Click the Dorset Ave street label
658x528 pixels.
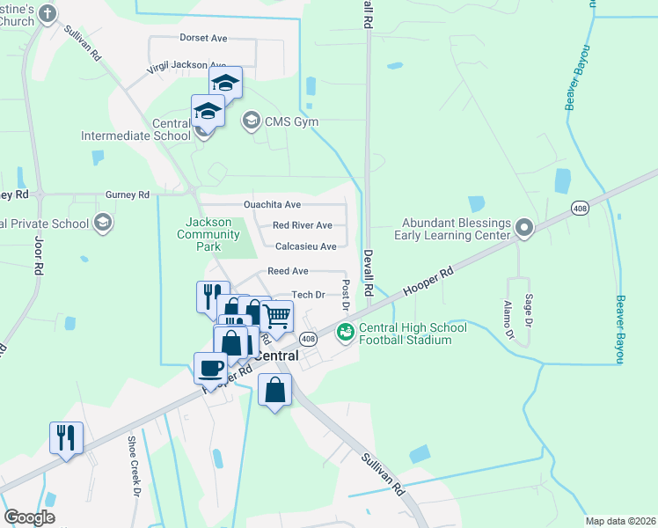203,39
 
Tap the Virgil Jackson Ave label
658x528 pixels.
187,66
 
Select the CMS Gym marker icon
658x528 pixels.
252,121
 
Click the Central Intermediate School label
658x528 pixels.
135,129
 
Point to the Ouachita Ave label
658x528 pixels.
260,204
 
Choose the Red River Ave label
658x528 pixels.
302,225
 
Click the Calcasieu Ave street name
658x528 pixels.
305,247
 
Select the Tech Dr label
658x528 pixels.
308,296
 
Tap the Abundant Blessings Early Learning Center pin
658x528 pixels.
524,229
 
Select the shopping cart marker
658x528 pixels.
276,316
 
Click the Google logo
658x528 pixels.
28,517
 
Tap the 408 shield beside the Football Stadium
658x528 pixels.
308,339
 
